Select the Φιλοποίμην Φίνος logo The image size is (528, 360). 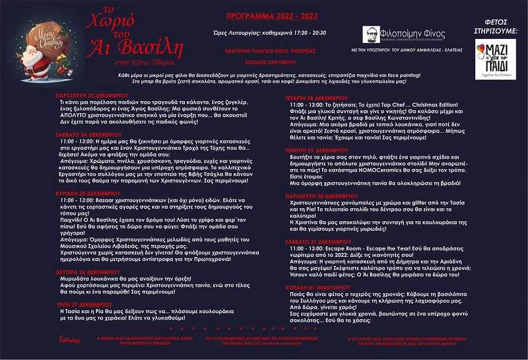(x=404, y=34)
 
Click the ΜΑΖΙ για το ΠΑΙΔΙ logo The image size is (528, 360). (x=495, y=59)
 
